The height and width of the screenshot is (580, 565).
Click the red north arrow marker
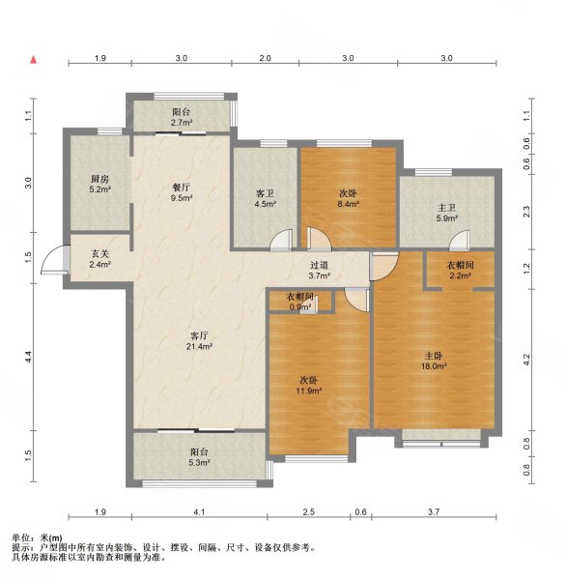(34, 60)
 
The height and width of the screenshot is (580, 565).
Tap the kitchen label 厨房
(100, 179)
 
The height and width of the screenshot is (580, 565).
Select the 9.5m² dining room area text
(182, 198)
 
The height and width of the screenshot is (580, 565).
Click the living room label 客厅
(199, 335)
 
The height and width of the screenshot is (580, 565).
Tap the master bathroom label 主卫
(447, 208)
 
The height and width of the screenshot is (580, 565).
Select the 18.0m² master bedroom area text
(434, 366)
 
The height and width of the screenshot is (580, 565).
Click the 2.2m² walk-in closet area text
(460, 275)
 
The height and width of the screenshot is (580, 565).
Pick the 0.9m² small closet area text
(299, 306)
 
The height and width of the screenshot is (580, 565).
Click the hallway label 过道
(320, 265)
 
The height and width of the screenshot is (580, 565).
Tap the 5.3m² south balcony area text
(199, 462)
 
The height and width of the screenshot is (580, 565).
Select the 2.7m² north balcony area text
(182, 123)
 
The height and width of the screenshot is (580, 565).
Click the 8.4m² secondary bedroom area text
(349, 203)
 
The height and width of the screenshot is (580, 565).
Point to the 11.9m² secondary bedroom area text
(309, 391)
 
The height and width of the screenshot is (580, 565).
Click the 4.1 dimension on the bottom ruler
(199, 512)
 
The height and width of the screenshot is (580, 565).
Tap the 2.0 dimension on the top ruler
(265, 58)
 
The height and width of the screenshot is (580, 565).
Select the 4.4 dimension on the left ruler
(28, 357)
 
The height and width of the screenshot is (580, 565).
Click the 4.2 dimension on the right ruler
(526, 360)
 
